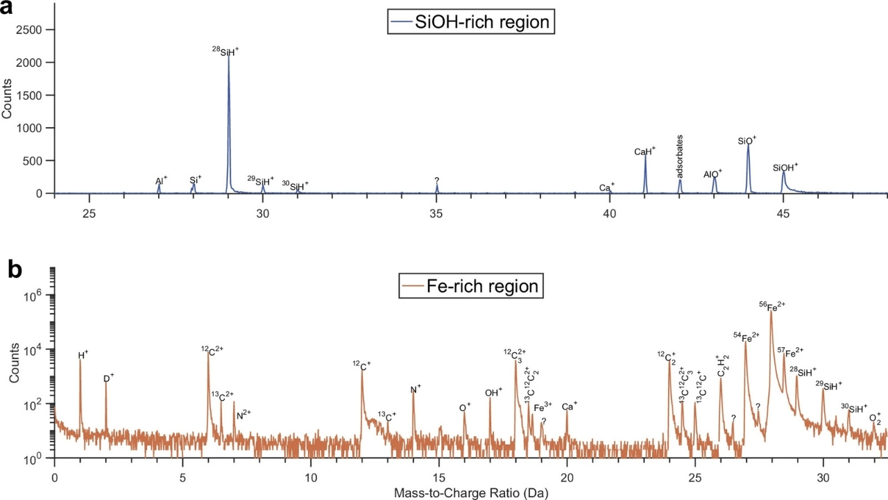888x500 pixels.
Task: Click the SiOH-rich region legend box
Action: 472,22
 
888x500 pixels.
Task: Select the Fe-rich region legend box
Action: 471,286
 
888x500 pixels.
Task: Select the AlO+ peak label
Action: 713,173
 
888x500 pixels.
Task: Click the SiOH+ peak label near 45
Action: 786,167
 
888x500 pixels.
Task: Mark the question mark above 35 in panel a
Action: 436,181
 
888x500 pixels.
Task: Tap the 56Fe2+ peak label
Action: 773,306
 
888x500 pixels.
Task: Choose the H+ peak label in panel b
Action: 83,355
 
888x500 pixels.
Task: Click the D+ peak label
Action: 108,378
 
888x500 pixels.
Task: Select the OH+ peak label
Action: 493,392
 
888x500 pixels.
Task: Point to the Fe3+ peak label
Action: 543,406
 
